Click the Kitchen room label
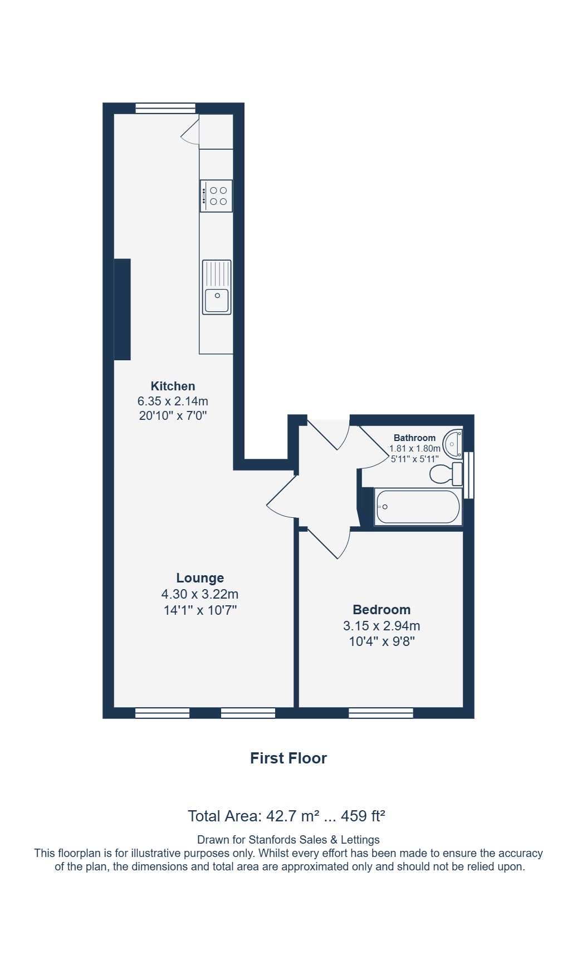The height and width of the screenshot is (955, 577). click(x=173, y=386)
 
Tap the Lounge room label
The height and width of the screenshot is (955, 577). click(x=200, y=578)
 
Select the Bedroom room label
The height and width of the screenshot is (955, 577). click(x=382, y=610)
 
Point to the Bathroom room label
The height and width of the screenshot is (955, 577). click(x=414, y=438)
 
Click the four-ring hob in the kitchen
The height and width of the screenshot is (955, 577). click(x=216, y=196)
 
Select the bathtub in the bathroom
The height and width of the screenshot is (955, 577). click(x=418, y=507)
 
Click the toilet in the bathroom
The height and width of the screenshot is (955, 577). click(x=446, y=474)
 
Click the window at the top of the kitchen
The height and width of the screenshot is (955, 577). click(x=165, y=108)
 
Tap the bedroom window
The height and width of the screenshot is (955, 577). click(x=381, y=713)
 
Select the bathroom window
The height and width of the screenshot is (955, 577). click(x=469, y=475)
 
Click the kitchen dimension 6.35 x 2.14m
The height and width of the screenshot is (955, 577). click(x=173, y=401)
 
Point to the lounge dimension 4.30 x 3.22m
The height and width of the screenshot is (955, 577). click(x=200, y=594)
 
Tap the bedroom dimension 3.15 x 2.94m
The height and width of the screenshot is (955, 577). click(x=382, y=625)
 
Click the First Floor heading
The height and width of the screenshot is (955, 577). click(x=288, y=758)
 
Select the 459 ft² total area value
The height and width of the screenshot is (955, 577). click(x=363, y=816)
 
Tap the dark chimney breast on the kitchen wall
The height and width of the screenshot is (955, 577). click(x=123, y=309)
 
